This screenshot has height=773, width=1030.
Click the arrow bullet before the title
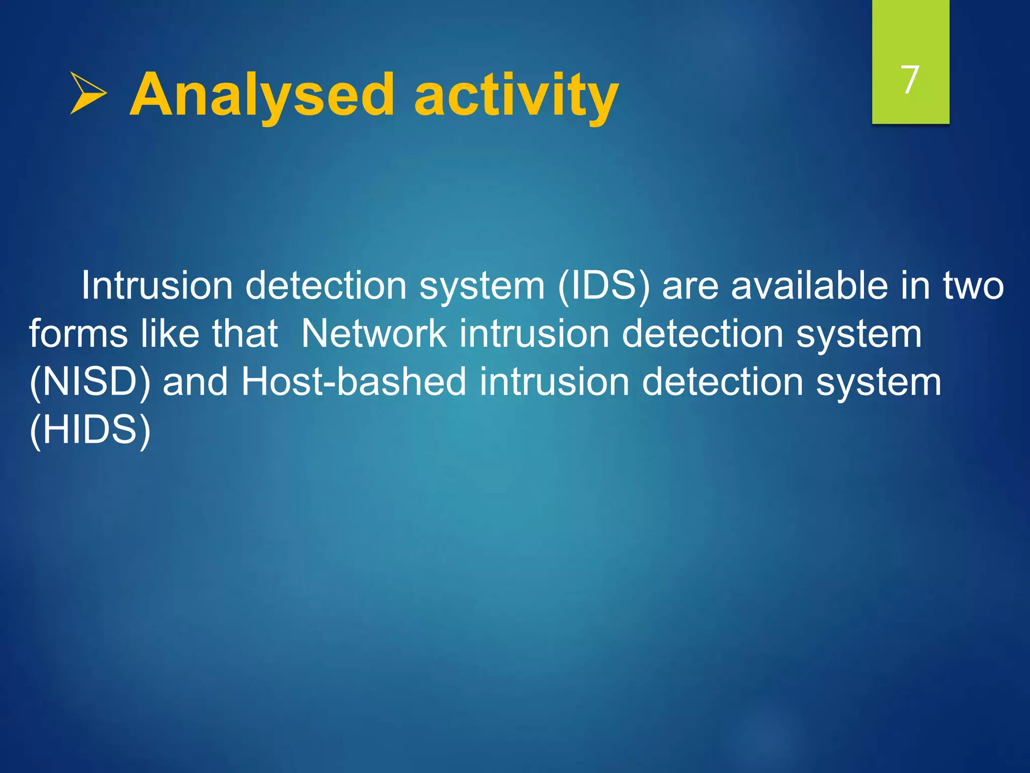pyautogui.click(x=88, y=93)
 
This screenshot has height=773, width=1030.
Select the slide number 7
pyautogui.click(x=910, y=80)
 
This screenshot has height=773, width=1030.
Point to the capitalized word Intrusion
pyautogui.click(x=156, y=285)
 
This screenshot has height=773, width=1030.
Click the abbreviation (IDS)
pyautogui.click(x=604, y=285)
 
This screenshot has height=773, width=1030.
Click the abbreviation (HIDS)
pyautogui.click(x=90, y=430)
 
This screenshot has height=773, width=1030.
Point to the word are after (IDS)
pyautogui.click(x=690, y=285)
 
